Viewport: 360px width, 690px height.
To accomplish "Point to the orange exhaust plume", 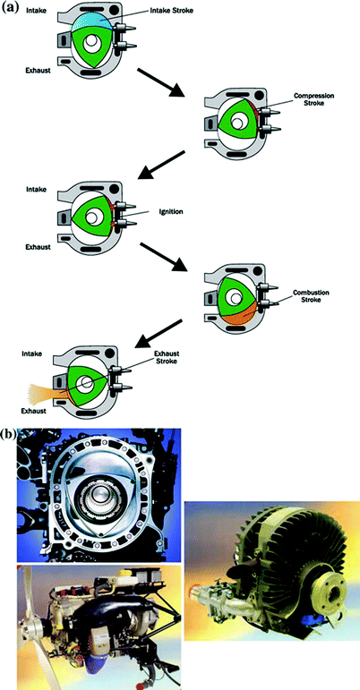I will pos(48,394).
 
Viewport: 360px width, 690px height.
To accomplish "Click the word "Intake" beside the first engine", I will pos(21,13).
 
